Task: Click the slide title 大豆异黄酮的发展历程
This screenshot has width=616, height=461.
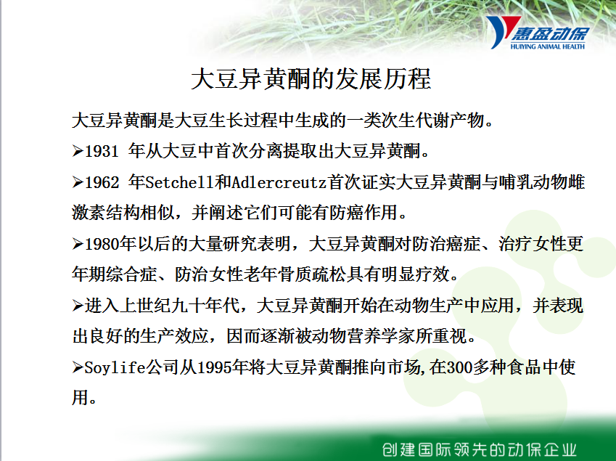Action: (311, 78)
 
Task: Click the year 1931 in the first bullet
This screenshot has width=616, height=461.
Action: (102, 151)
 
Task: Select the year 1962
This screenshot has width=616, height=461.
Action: (102, 182)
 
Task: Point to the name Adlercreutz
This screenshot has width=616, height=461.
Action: (279, 182)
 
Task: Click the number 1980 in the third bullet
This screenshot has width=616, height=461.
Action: (102, 244)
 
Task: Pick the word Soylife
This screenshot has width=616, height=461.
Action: (115, 367)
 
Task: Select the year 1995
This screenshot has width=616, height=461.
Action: (214, 367)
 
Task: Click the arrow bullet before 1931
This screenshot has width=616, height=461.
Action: (78, 151)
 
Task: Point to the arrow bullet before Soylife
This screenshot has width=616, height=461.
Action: (78, 367)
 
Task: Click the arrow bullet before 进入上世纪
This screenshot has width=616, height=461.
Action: (78, 306)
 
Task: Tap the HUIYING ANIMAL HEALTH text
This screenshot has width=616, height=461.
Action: (547, 46)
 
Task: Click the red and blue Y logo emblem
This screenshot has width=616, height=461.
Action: (501, 31)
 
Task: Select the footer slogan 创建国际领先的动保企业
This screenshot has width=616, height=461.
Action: (480, 449)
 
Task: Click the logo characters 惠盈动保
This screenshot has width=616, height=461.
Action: (550, 34)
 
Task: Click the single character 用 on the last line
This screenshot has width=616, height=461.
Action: (80, 398)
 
